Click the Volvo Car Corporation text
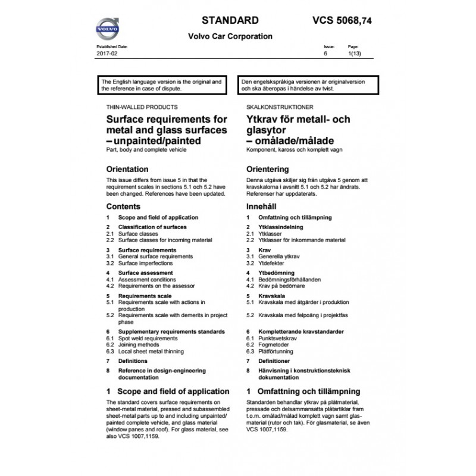point(230,36)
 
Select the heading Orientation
point(127,169)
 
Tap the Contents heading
point(123,206)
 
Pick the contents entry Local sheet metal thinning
point(151,351)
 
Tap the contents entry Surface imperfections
point(146,262)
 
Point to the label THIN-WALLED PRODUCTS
point(141,107)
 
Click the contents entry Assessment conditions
point(146,279)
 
